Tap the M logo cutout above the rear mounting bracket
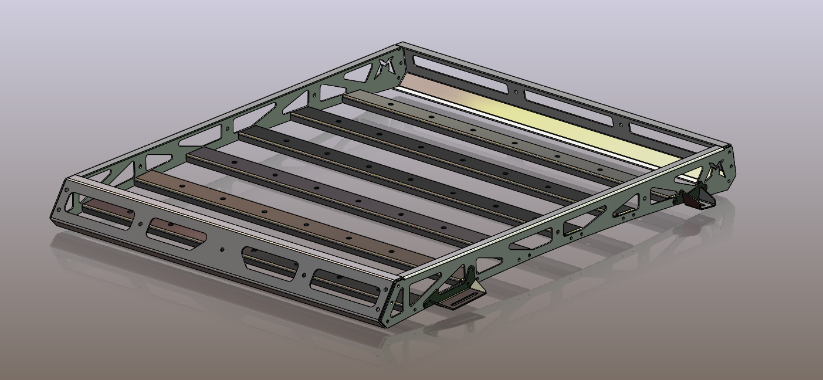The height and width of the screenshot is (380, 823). coord(716,170)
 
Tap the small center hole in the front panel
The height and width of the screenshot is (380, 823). coord(222,249)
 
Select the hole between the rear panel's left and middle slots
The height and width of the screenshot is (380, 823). coord(516,92)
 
